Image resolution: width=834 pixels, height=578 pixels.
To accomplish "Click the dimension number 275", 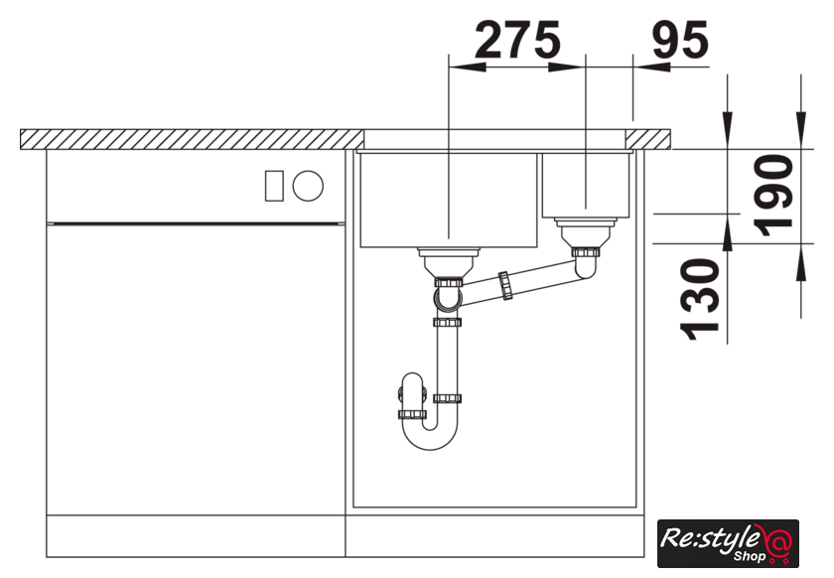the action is [x=517, y=40].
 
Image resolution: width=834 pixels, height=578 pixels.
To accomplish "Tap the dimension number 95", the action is [x=680, y=40].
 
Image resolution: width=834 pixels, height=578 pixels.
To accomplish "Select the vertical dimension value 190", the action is [x=773, y=196].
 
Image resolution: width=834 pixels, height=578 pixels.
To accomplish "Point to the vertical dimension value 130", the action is [x=700, y=299].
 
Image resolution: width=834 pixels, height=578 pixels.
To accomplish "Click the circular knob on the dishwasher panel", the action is [x=308, y=186].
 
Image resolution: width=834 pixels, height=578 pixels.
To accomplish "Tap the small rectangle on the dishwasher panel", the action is [x=274, y=186].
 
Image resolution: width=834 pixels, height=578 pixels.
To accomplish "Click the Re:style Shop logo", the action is [x=728, y=543].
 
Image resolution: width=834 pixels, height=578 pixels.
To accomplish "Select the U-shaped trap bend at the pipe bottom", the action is [x=430, y=438].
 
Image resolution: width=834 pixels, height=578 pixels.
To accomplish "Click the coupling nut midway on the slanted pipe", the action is [x=505, y=286].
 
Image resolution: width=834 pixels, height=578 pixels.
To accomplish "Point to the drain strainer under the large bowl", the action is [x=449, y=262].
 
